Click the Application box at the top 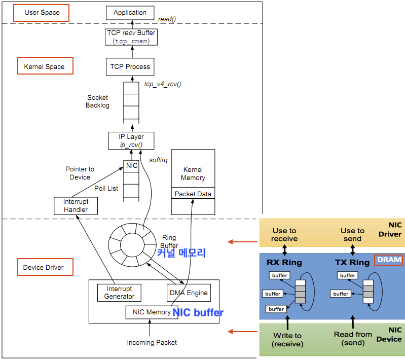pyautogui.click(x=130, y=13)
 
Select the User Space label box pyautogui.click(x=42, y=12)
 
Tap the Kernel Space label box pyautogui.click(x=44, y=66)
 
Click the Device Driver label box pyautogui.click(x=44, y=267)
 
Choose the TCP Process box pyautogui.click(x=130, y=66)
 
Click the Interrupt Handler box pyautogui.click(x=76, y=206)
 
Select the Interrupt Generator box pyautogui.click(x=119, y=293)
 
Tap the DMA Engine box pyautogui.click(x=188, y=293)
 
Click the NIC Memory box pyautogui.click(x=152, y=312)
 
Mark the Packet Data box pyautogui.click(x=193, y=194)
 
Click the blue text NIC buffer pyautogui.click(x=198, y=313)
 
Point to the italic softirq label pyautogui.click(x=158, y=160)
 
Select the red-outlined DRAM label pyautogui.click(x=389, y=260)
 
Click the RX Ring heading pyautogui.click(x=284, y=263)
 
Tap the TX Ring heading pyautogui.click(x=352, y=263)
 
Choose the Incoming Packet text pyautogui.click(x=152, y=343)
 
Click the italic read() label pyautogui.click(x=167, y=19)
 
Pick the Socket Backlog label pyautogui.click(x=97, y=101)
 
